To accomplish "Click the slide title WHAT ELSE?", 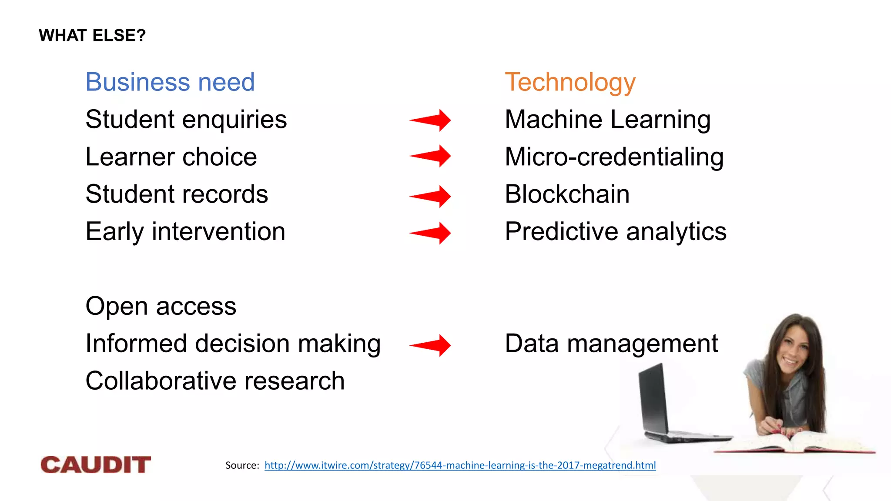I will point(92,36).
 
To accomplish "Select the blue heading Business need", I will point(170,82).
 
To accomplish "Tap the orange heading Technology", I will point(570,82).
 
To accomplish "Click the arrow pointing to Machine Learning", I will point(431,120).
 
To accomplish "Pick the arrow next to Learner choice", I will point(431,156).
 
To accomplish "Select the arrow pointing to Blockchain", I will point(431,196).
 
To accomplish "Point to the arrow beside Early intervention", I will point(431,233).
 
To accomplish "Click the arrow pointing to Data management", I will point(431,345).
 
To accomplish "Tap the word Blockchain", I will point(567,194).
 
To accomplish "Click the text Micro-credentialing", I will point(614,157).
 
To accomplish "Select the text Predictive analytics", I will point(615,231).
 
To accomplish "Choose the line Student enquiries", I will point(186,120).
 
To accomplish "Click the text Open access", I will point(161,306).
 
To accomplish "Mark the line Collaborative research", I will point(215,381).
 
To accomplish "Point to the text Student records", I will point(177,194).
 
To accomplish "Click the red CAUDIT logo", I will point(96,465).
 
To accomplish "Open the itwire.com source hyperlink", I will point(460,465).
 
